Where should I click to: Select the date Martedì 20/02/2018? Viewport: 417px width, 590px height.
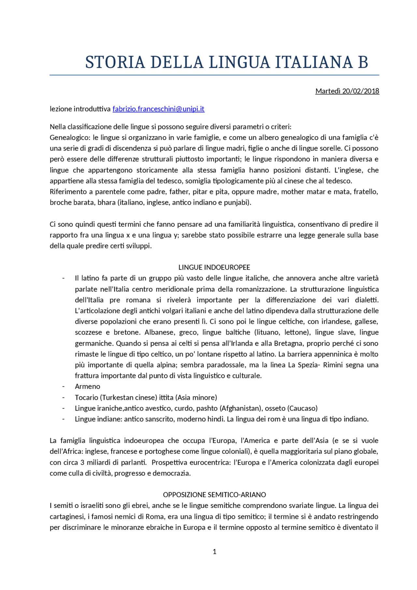pyautogui.click(x=347, y=91)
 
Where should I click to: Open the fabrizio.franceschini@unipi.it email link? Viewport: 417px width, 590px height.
pyautogui.click(x=158, y=109)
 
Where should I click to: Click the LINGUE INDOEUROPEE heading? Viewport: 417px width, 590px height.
pyautogui.click(x=214, y=267)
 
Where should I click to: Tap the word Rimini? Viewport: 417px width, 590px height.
pyautogui.click(x=333, y=365)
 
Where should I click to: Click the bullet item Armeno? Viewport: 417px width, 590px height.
pyautogui.click(x=87, y=386)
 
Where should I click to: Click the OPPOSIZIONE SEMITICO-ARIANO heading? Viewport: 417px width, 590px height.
pyautogui.click(x=214, y=495)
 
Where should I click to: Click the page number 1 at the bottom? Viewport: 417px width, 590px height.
pyautogui.click(x=214, y=552)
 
